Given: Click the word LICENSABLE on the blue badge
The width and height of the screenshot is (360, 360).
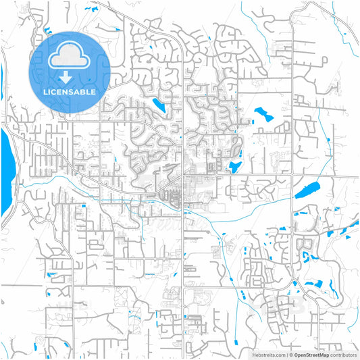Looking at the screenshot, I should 70,91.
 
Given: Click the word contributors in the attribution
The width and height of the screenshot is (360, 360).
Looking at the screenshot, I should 343,354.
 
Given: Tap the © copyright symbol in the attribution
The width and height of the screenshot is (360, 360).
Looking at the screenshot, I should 291,354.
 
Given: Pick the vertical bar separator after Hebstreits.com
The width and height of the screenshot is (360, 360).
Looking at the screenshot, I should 286,354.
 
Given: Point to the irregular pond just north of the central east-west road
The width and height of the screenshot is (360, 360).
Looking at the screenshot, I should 236,166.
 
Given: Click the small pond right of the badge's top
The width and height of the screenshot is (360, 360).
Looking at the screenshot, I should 118,30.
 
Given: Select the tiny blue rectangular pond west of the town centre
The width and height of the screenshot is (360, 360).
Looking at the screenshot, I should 83,205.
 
